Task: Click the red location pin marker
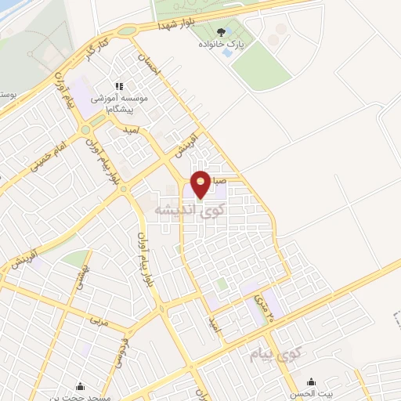tap(201, 185)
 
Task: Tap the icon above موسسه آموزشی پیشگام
tap(119, 86)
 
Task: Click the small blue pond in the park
tap(227, 52)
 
